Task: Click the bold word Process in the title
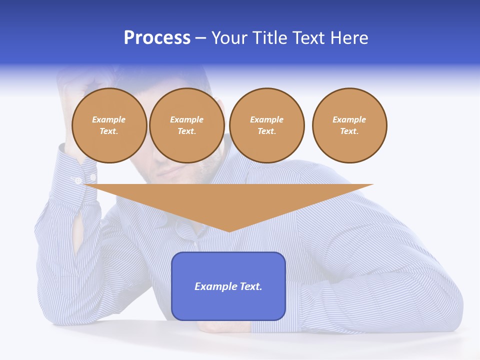[x=157, y=38]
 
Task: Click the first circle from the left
[x=109, y=125]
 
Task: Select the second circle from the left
[x=186, y=125]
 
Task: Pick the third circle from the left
[x=266, y=125]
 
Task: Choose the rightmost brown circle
[x=349, y=125]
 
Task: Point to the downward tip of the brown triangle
[x=229, y=231]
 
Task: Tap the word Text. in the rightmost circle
[x=349, y=131]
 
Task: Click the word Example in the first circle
[x=109, y=119]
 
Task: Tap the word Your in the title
[x=228, y=38]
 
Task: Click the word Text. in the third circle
[x=266, y=131]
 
